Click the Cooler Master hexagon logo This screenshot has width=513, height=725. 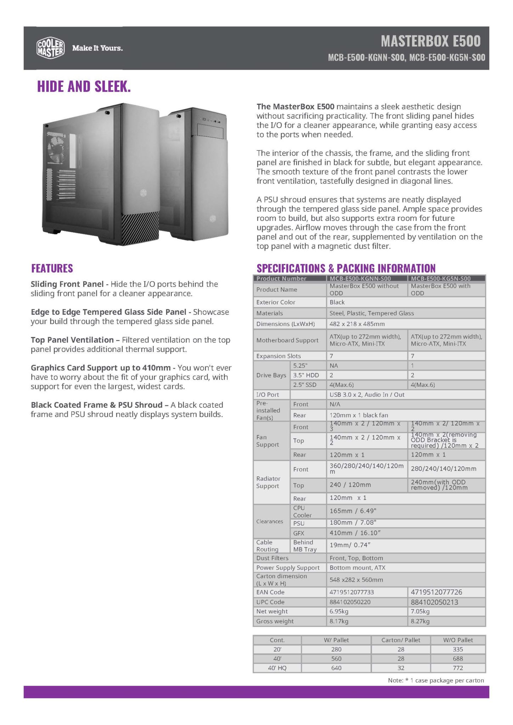pos(51,48)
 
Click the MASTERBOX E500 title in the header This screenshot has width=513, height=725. pos(430,41)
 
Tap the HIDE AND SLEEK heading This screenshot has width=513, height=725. pos(84,86)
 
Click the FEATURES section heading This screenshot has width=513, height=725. pos(52,268)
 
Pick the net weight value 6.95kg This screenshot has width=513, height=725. pos(339,611)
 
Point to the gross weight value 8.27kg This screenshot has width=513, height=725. pos(420,621)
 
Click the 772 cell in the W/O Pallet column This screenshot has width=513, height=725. pos(458,668)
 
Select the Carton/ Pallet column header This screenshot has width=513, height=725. pos(401,640)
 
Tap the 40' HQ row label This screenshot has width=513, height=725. pos(277,668)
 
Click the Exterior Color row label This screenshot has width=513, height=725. pos(276,302)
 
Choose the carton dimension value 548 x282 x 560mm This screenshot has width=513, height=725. pos(356,580)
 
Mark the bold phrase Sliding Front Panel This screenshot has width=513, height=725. pos(67,284)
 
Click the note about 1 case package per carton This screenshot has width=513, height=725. pos(436,680)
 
